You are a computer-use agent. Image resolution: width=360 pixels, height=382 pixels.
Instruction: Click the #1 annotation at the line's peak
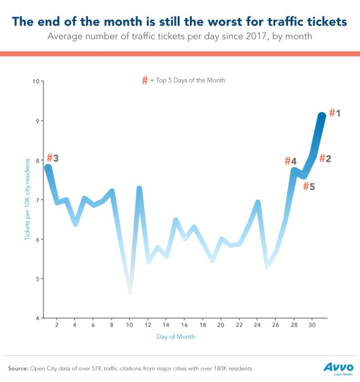point(335,113)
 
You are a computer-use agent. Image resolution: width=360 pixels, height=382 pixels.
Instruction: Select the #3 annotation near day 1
point(53,159)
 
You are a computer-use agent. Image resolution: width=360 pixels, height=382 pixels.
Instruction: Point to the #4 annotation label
point(291,161)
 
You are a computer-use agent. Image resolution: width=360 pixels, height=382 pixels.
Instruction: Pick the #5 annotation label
point(308,186)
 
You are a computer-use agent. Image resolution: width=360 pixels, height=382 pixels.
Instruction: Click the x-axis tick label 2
point(56,325)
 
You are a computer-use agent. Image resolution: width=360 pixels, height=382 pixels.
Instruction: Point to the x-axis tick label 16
point(184,325)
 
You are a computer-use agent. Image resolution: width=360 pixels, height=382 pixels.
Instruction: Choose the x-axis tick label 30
point(312,325)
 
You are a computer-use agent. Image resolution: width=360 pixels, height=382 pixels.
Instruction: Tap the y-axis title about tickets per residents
point(26,200)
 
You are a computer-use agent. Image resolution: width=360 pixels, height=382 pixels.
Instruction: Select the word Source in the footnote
point(18,368)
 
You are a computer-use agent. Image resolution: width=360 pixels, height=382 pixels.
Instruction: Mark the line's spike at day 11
point(139,189)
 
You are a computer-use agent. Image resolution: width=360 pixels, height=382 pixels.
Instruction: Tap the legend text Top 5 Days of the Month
point(188,80)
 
